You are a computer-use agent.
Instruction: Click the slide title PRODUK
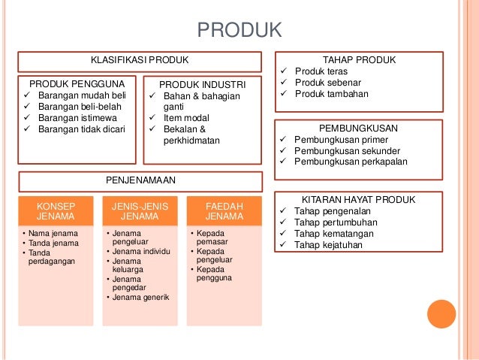click(x=239, y=30)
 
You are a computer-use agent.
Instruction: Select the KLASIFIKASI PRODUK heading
click(x=140, y=60)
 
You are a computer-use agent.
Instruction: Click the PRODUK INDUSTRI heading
click(x=202, y=84)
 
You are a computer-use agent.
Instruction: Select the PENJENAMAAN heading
click(x=140, y=181)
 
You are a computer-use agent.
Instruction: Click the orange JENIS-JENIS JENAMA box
click(x=140, y=210)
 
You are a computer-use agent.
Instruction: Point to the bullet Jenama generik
click(x=140, y=297)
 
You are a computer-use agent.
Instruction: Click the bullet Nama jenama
click(x=50, y=233)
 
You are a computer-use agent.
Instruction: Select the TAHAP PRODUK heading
click(x=359, y=60)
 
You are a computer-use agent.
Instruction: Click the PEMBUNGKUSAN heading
click(x=359, y=129)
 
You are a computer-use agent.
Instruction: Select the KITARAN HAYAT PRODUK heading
click(x=359, y=200)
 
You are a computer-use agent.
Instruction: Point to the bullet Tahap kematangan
click(x=333, y=233)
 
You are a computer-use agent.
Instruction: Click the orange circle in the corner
click(x=441, y=314)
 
